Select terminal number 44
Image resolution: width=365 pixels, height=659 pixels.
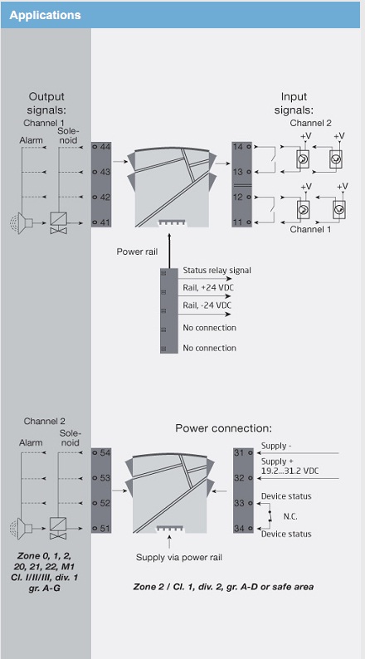(x=105, y=147)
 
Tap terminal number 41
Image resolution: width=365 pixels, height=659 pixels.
(x=105, y=222)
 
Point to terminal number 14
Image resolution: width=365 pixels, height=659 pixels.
(x=238, y=147)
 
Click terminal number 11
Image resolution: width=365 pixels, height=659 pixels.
(x=238, y=222)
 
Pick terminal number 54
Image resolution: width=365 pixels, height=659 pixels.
(x=105, y=452)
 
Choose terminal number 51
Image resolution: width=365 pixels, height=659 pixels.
(x=105, y=529)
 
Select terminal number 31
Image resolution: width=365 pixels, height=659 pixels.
(x=239, y=452)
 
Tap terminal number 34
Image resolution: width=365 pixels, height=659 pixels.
(x=239, y=529)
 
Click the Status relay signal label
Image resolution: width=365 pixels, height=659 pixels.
(x=217, y=271)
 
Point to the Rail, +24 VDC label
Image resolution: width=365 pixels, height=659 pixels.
(x=208, y=288)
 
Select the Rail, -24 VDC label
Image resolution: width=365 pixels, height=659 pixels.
(x=207, y=305)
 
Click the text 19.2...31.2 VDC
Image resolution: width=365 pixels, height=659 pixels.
(x=290, y=471)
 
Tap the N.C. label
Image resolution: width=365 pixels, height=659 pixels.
(x=290, y=516)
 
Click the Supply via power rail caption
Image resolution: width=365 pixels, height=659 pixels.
(x=179, y=558)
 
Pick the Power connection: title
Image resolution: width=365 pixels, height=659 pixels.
(x=223, y=428)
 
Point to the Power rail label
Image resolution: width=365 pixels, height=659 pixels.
(x=138, y=251)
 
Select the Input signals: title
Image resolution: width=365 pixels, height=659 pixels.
(x=294, y=104)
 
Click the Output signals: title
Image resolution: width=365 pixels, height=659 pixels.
(x=46, y=104)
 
